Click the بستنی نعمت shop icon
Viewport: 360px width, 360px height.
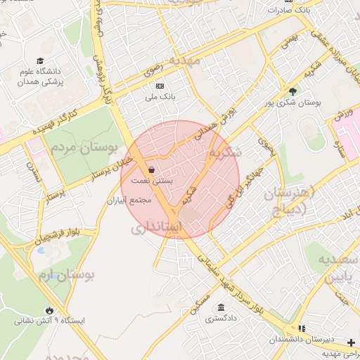pos(152,170)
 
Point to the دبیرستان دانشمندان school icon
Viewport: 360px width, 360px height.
pos(302,328)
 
